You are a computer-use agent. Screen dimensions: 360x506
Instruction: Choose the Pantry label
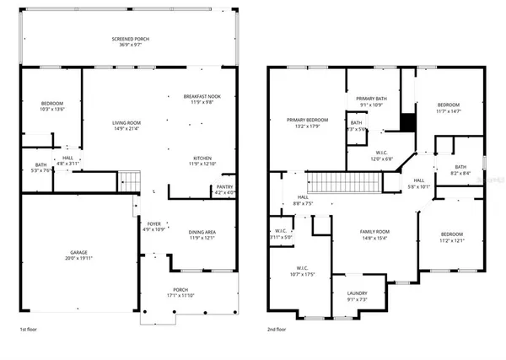(x=224, y=187)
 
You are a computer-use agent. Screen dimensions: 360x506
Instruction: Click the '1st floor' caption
(x=31, y=330)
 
